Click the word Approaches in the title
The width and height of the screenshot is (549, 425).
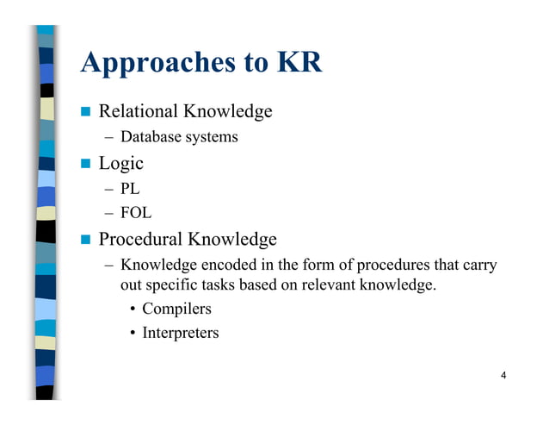(153, 62)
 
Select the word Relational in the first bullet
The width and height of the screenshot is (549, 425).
(139, 111)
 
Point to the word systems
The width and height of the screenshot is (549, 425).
(210, 138)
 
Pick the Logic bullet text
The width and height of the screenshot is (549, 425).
(121, 163)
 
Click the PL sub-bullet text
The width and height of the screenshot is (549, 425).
(130, 189)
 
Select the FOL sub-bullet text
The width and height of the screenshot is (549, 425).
(136, 214)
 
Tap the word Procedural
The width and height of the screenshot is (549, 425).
(140, 239)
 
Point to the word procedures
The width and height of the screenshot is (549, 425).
(395, 265)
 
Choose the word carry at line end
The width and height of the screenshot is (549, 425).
(478, 265)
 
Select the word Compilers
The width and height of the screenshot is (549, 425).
(176, 309)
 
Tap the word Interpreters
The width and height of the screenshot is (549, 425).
(181, 333)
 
